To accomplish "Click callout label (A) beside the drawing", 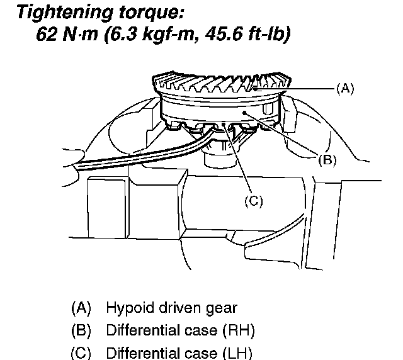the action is [342, 89].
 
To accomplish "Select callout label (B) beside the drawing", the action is [326, 160].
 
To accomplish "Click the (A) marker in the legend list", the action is [81, 308].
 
